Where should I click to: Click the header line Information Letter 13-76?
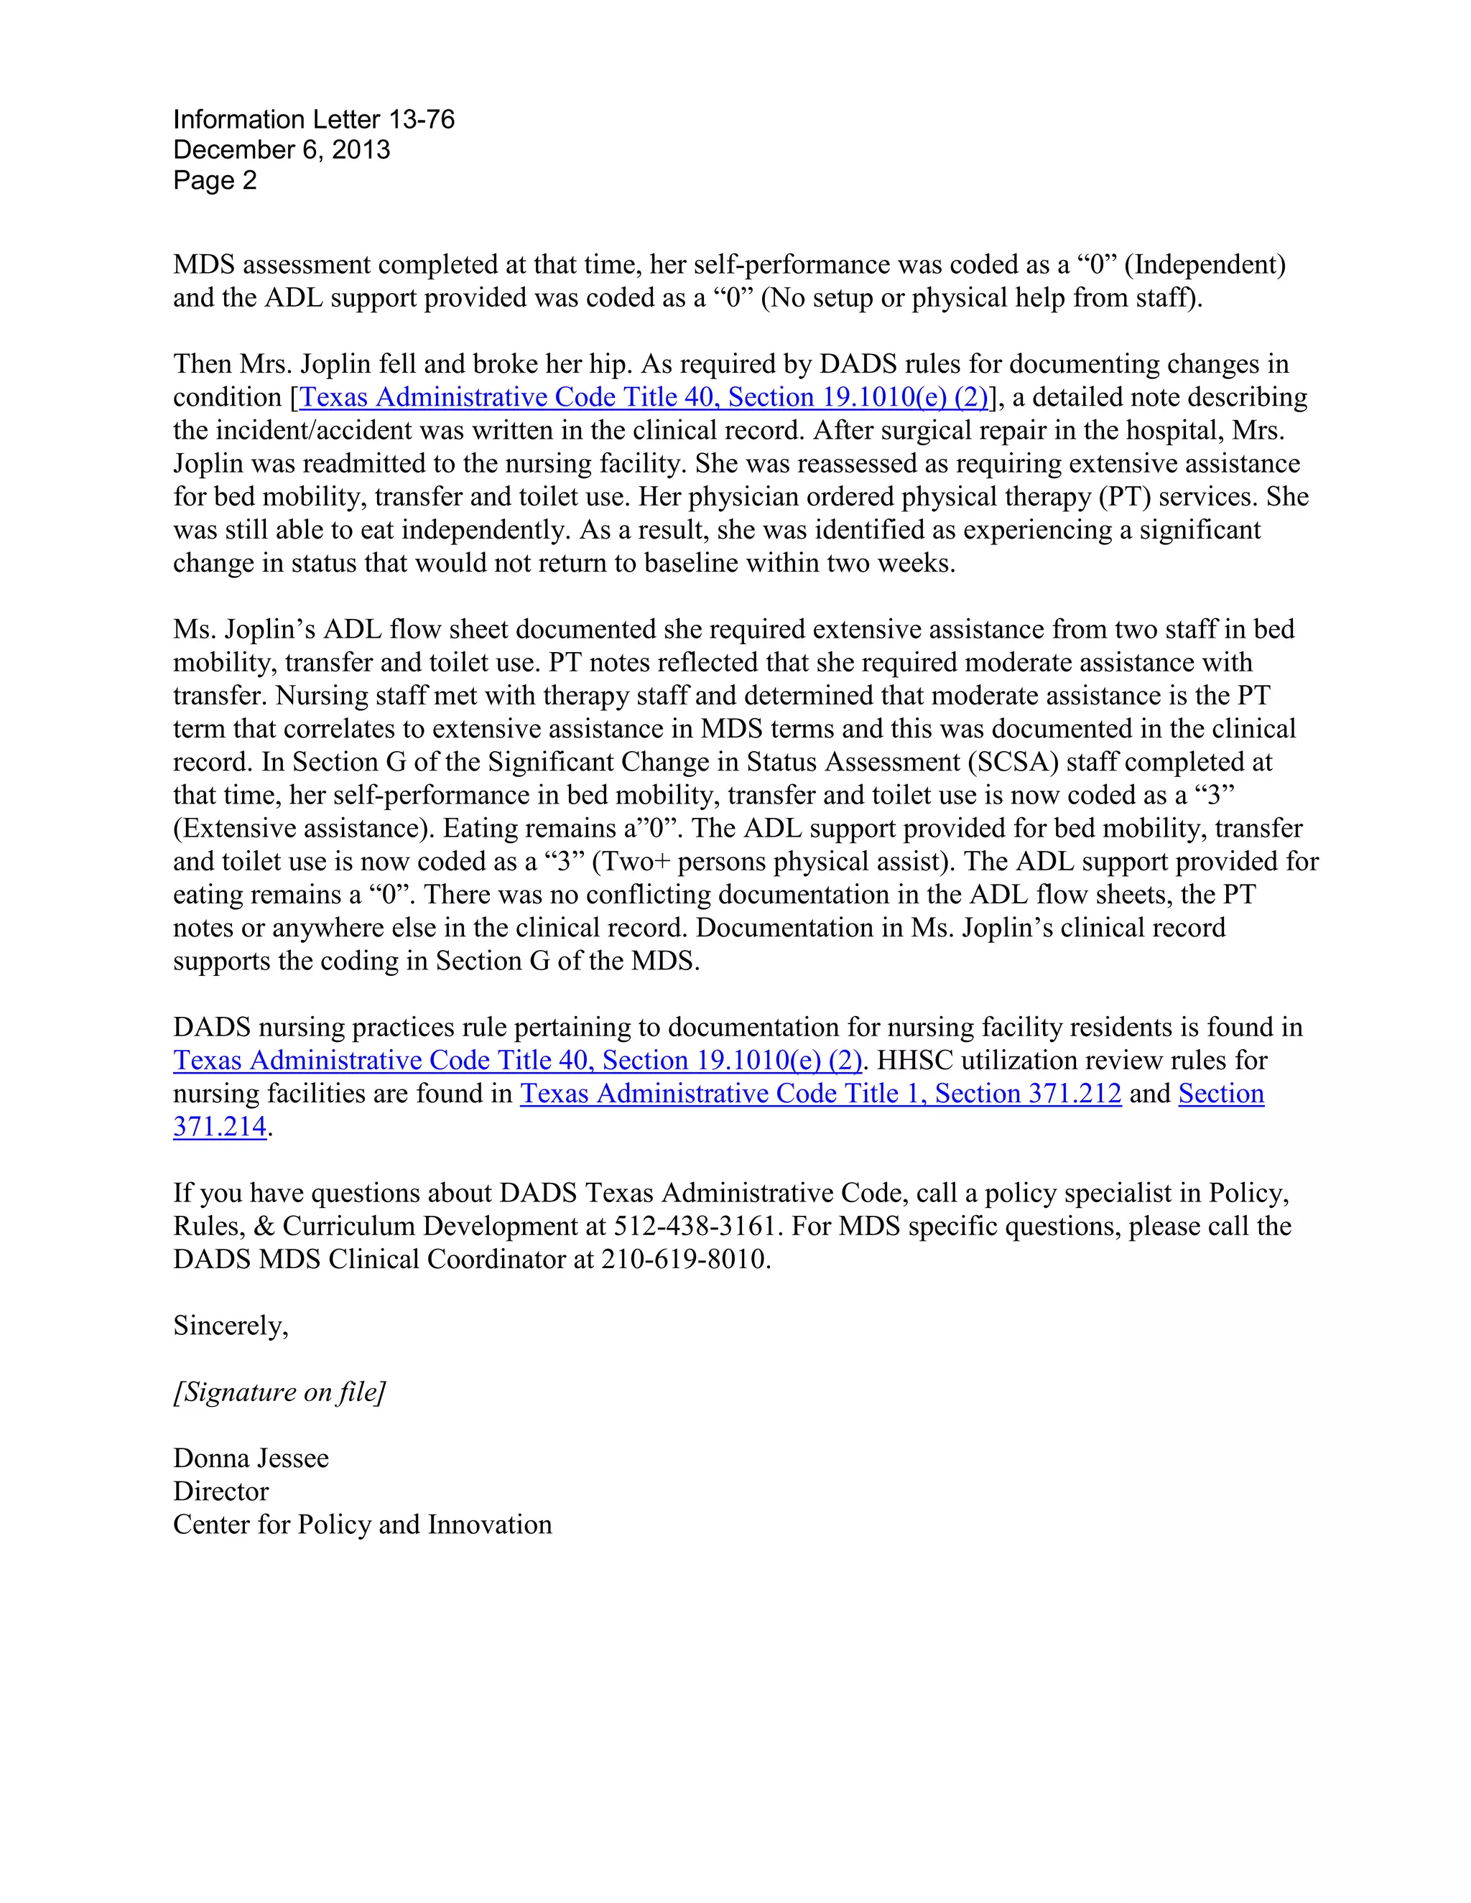(x=314, y=119)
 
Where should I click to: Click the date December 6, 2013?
(x=282, y=150)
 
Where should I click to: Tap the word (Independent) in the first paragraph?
(x=1210, y=265)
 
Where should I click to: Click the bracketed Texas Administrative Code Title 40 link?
(x=643, y=397)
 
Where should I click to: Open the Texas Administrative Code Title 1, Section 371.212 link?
(x=820, y=1094)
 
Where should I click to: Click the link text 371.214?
(x=220, y=1127)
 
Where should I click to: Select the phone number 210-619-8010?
(x=683, y=1259)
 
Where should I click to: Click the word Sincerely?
(x=229, y=1326)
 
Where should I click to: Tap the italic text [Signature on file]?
(x=279, y=1392)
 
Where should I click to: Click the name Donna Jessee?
(x=251, y=1458)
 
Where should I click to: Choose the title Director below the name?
(x=221, y=1491)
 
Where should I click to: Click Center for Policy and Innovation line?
(x=363, y=1524)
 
